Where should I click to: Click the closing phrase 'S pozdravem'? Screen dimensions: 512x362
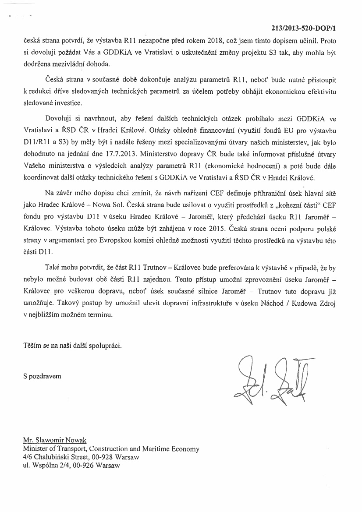pos(43,376)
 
